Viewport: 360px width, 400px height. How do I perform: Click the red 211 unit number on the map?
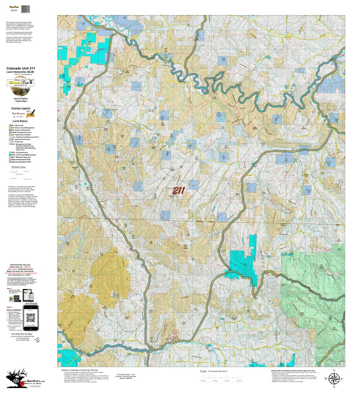[x=178, y=191]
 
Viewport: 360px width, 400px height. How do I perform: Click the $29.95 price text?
[x=14, y=10]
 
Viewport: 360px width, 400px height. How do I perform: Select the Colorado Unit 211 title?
[x=21, y=68]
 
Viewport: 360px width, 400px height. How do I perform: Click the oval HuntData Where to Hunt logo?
[x=20, y=83]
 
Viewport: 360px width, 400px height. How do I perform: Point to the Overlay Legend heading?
[x=21, y=108]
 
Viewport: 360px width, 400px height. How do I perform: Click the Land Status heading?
[x=20, y=121]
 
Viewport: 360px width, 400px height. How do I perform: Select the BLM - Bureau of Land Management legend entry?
[x=22, y=128]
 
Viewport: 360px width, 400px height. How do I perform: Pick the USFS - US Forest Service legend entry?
[x=20, y=153]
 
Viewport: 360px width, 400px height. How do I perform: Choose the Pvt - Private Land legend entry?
[x=19, y=141]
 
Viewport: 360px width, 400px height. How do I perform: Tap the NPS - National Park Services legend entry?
[x=20, y=139]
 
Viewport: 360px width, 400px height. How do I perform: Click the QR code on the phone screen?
[x=31, y=318]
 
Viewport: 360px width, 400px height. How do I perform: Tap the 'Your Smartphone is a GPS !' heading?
[x=21, y=275]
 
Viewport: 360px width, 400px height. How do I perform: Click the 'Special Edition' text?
[x=21, y=99]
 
